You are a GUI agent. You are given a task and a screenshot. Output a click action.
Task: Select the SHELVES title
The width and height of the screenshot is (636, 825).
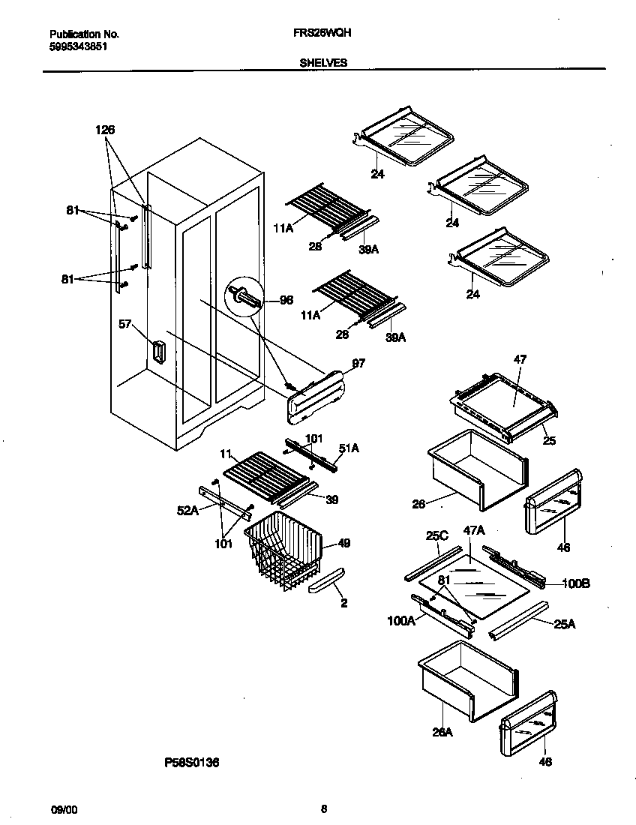[323, 63]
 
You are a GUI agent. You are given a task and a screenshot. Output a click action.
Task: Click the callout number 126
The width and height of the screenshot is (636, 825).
[105, 130]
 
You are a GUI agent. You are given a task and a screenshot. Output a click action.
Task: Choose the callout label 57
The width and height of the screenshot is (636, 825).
[124, 324]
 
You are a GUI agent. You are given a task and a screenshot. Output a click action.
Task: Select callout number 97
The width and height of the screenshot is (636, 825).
[358, 363]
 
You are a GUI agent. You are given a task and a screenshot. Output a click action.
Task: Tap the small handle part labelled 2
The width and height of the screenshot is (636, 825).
[325, 580]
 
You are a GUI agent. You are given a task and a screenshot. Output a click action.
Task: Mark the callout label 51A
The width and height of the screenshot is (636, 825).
[349, 448]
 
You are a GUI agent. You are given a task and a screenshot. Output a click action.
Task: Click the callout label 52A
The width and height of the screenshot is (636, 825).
[187, 511]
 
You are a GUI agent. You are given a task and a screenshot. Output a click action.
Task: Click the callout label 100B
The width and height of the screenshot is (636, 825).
[575, 583]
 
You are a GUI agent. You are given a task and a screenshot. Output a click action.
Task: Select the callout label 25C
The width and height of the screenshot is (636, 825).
[436, 537]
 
